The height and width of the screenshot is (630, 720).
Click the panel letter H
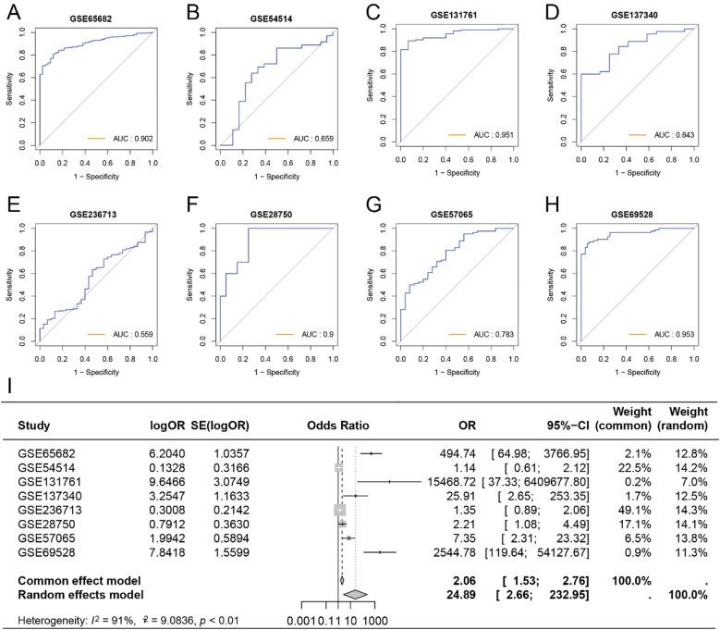click(551, 205)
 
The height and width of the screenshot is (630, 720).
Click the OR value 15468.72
click(453, 481)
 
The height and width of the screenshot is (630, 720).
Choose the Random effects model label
click(77, 593)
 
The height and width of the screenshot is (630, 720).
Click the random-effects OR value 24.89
click(461, 593)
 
